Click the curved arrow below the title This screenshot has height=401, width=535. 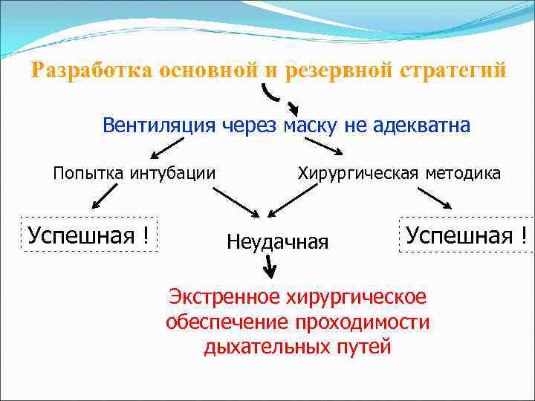[279, 97]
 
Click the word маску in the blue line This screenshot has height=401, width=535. [311, 125]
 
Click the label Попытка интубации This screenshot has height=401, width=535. [134, 174]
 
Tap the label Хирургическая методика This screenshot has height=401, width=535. [399, 174]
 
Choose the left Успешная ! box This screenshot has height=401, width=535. [88, 236]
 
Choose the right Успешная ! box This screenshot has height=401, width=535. [466, 235]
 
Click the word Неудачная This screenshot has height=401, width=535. [277, 241]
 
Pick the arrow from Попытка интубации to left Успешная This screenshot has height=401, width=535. [105, 197]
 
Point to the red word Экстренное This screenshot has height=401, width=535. [224, 298]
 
